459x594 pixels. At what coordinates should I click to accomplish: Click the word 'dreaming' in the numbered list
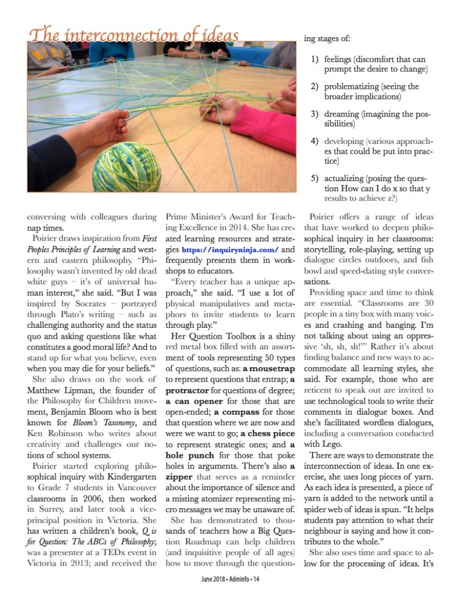coord(345,114)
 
